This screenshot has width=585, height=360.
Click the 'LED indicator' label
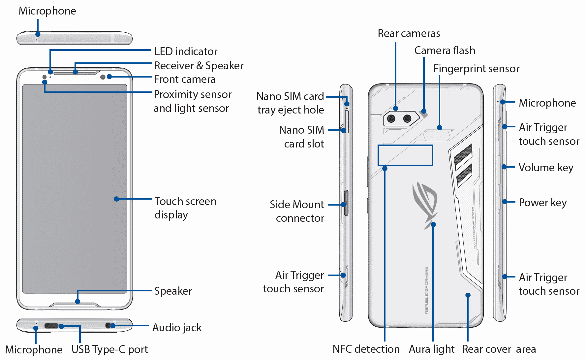click(186, 51)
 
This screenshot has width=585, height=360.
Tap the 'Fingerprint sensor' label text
click(476, 69)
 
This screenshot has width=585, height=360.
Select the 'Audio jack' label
click(177, 328)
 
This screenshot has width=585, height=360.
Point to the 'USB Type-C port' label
click(109, 349)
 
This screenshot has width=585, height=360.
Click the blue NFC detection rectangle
click(405, 155)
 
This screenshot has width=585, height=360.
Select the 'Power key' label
click(542, 203)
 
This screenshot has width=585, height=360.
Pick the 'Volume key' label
click(546, 168)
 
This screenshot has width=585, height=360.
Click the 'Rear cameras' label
click(409, 33)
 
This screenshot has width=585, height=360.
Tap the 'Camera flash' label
click(445, 50)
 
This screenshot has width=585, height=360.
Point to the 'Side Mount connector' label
click(297, 211)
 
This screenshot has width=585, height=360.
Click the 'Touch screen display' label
click(185, 208)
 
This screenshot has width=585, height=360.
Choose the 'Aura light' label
click(431, 349)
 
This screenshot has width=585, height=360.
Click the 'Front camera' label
click(184, 80)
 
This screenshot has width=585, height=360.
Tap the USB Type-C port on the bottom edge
click(51, 326)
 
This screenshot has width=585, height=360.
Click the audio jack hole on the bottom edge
click(108, 326)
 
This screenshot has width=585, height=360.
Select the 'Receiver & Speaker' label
click(199, 66)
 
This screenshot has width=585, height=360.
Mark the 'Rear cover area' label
click(499, 349)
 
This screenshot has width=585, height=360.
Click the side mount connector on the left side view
click(346, 203)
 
